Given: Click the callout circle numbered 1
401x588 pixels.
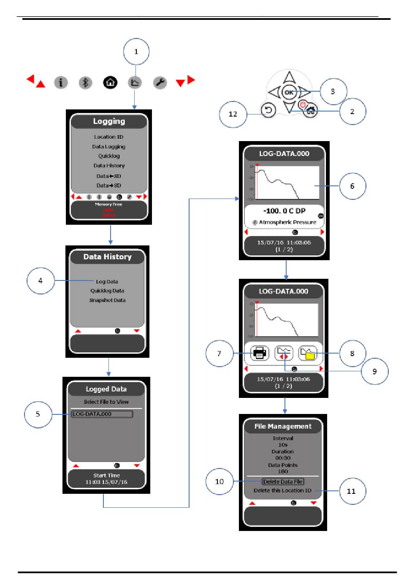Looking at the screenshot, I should [136, 52].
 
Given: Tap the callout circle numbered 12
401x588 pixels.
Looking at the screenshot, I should [233, 114].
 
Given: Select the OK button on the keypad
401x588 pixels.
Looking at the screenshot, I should [289, 92].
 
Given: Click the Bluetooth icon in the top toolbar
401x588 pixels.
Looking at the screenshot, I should [85, 82].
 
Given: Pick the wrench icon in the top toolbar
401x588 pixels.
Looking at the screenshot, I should [160, 82].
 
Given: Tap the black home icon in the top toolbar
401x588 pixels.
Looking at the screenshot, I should [110, 82].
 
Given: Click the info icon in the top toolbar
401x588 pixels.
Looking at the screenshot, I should [61, 82].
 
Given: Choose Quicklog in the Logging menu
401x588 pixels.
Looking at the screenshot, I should [109, 156].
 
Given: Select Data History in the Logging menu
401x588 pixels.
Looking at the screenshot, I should [109, 166].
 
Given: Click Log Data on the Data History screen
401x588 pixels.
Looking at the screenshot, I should [107, 281].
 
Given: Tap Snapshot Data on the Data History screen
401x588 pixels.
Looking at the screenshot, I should [107, 300].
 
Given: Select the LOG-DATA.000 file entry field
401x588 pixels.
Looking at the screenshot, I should [102, 414].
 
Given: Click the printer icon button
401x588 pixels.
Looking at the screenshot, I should [260, 353].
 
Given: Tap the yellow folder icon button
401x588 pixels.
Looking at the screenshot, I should [308, 353].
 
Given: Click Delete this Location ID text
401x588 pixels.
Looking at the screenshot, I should [282, 490].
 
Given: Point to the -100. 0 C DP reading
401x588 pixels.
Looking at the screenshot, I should [284, 211].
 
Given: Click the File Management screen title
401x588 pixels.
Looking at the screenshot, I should [283, 426].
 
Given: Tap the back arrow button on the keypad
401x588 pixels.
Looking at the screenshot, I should [268, 110].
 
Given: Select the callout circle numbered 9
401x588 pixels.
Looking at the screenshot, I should [374, 371].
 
